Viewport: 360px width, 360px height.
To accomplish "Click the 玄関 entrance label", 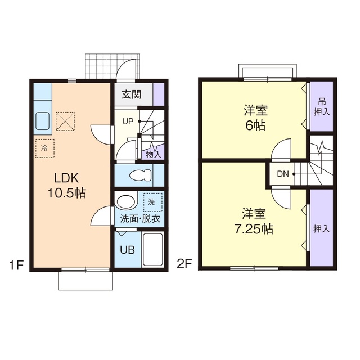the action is pos(131,94).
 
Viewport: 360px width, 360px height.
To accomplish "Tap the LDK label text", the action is pos(66,178).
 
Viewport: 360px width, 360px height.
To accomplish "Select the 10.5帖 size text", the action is pos(67,192).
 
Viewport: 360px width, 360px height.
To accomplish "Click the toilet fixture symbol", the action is pos(141,175).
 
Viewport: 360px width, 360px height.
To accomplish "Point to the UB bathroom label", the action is pos(128,250).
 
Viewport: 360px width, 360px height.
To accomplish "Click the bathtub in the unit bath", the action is pos(152,250).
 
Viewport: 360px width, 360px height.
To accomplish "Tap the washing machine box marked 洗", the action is pos(152,202).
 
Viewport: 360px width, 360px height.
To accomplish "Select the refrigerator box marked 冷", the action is pos(45,148).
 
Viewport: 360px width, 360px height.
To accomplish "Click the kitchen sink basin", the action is pos(43,121).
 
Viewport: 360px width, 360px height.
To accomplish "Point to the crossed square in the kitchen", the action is pos(65,121).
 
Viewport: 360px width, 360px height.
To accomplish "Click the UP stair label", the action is pos(128,121).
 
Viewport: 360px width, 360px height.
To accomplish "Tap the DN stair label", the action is pos(282,174).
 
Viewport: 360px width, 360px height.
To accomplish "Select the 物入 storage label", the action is pos(154,154).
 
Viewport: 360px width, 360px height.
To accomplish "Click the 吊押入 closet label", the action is pos(322,107).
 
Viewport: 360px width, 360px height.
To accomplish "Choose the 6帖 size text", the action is pos(255,125).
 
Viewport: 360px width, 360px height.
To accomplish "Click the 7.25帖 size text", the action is pos(254,229).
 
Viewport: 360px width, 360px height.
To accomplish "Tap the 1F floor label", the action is pos(16,265).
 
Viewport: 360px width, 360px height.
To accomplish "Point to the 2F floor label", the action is pos(184,264).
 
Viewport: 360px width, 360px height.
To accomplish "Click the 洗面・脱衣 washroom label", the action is pos(140,219).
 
